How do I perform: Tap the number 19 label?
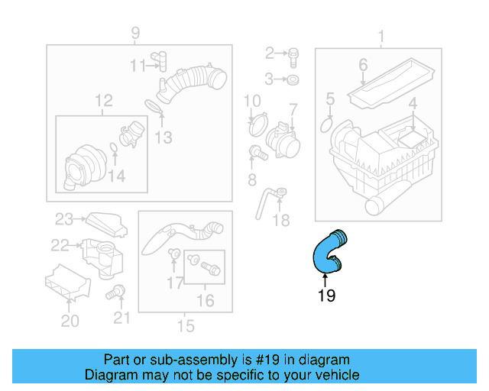(326, 295)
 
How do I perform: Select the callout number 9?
(135, 33)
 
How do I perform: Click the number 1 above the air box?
(381, 35)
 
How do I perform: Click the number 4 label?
(412, 104)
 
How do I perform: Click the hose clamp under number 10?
(258, 121)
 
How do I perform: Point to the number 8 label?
(251, 179)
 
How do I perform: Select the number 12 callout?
(103, 100)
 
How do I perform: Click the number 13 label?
(163, 137)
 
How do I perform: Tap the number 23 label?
(63, 219)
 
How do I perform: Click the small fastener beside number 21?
(118, 290)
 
